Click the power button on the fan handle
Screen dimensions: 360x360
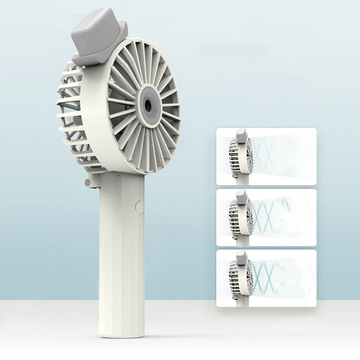(139, 208)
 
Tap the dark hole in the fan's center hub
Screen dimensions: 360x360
(148, 106)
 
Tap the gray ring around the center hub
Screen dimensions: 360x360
(148, 96)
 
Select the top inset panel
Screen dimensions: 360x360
(266, 156)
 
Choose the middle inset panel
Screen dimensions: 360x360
(266, 217)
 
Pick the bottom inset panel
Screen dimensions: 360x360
(266, 278)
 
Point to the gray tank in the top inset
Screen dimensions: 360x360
(242, 135)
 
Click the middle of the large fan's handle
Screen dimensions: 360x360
(121, 252)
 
